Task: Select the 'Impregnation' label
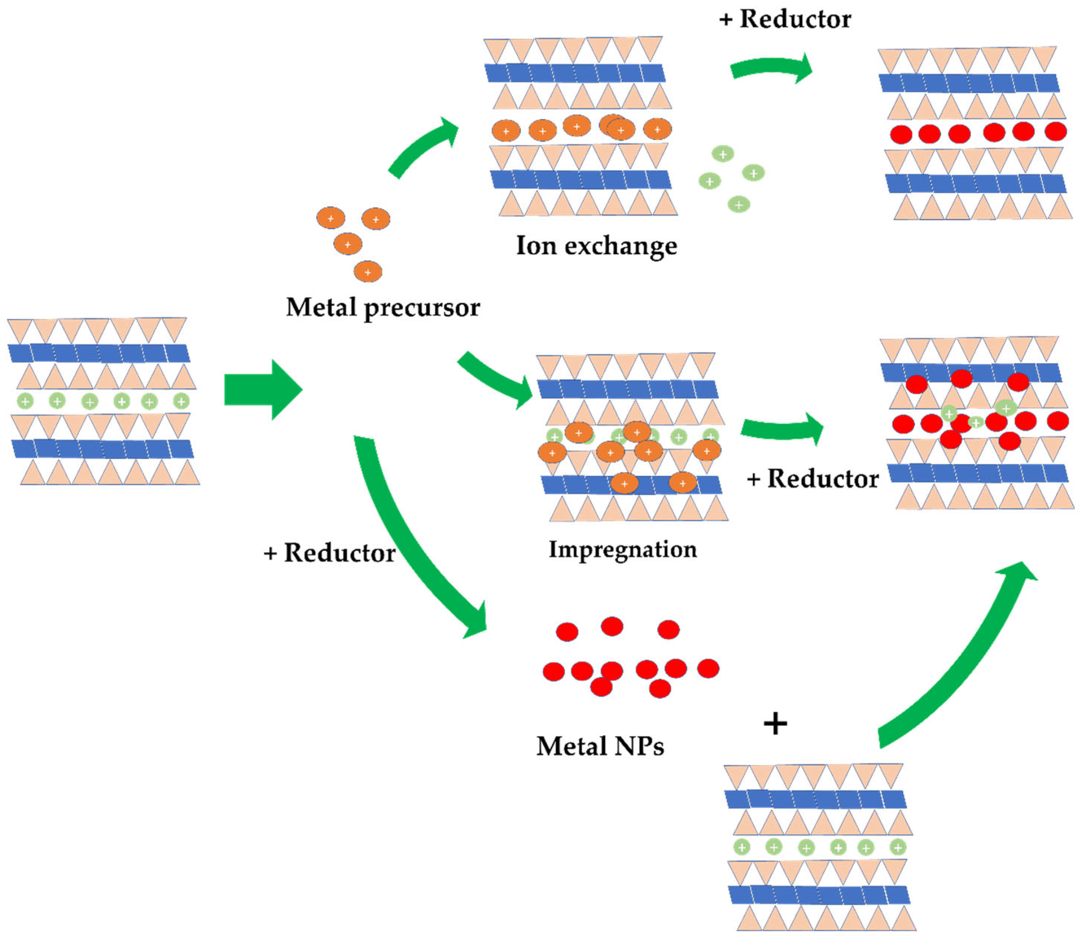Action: [x=622, y=549]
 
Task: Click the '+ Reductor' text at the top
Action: [x=785, y=19]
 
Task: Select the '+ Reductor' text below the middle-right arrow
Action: [x=812, y=479]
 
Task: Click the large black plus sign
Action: [x=775, y=724]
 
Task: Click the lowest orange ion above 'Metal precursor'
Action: [x=368, y=272]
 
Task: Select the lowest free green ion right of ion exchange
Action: [x=739, y=204]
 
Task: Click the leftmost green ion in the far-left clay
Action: [x=25, y=402]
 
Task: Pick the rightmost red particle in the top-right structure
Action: [x=1055, y=131]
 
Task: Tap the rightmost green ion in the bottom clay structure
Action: [x=898, y=847]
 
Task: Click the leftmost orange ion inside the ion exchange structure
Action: [x=506, y=131]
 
